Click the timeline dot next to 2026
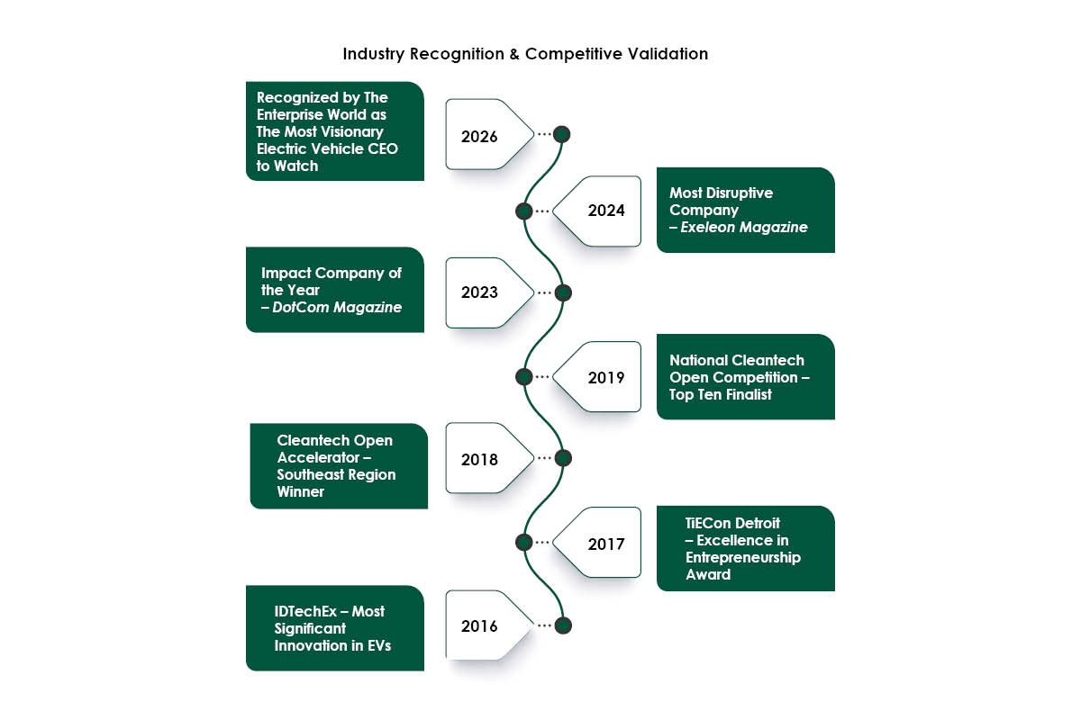[x=562, y=134]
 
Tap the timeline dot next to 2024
[x=523, y=211]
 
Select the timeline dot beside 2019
[x=523, y=376]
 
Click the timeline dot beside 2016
[x=563, y=625]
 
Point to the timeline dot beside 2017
[x=523, y=542]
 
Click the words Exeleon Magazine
[x=744, y=228]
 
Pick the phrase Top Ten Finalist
[x=721, y=394]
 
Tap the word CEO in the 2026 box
[x=382, y=148]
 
